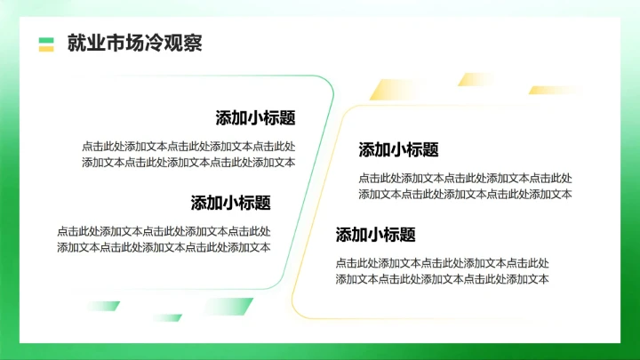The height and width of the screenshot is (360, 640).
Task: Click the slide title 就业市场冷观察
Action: point(134,44)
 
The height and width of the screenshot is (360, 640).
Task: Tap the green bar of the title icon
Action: point(46,39)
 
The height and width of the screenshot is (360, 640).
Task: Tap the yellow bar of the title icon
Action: point(46,48)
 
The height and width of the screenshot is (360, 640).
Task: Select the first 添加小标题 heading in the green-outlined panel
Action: point(255,118)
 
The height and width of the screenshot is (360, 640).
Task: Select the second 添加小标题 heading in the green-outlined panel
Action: point(230,203)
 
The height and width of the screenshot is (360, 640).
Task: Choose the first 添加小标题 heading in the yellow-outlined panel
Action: point(398,149)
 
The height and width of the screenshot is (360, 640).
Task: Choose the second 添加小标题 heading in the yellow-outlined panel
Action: point(375,235)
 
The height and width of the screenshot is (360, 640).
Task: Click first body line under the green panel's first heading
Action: point(188,147)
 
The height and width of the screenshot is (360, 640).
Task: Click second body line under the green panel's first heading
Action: point(188,162)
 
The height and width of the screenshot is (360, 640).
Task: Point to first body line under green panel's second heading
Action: point(164,231)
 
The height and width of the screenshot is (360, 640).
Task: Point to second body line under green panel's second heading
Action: point(164,247)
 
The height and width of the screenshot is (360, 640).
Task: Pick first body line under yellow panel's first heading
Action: point(465,178)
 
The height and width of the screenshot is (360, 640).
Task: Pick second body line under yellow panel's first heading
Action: point(465,194)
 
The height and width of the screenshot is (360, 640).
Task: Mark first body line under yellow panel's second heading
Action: point(442,263)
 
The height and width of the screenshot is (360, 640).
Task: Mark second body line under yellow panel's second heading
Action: point(442,279)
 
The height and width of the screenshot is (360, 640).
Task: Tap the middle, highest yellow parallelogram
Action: point(474,79)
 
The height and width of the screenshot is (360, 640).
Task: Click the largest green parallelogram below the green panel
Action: point(227,307)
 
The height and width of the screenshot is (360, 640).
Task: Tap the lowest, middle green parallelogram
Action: point(166,317)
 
